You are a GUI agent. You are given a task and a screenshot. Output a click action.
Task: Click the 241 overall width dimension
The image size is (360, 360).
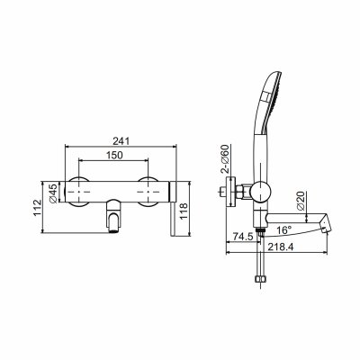point(121,140)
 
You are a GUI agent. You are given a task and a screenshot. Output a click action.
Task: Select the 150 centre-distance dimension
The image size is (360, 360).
point(114,155)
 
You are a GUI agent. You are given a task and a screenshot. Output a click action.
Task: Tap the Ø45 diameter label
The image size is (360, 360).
point(53,194)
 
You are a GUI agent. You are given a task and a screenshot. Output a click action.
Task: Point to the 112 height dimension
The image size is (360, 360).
point(38,208)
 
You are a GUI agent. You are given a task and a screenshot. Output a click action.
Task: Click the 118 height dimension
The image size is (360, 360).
point(184,211)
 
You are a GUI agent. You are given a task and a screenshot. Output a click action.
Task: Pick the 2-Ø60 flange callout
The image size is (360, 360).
point(225,159)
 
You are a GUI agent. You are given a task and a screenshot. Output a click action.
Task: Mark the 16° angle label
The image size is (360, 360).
point(283,230)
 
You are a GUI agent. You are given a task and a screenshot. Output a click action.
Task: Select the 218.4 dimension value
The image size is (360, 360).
point(281,247)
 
